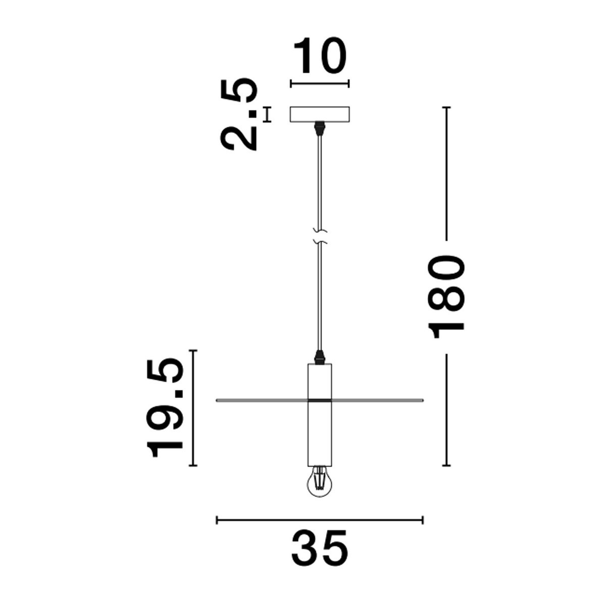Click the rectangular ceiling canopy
point(320,114)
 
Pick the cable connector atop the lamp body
point(320,357)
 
